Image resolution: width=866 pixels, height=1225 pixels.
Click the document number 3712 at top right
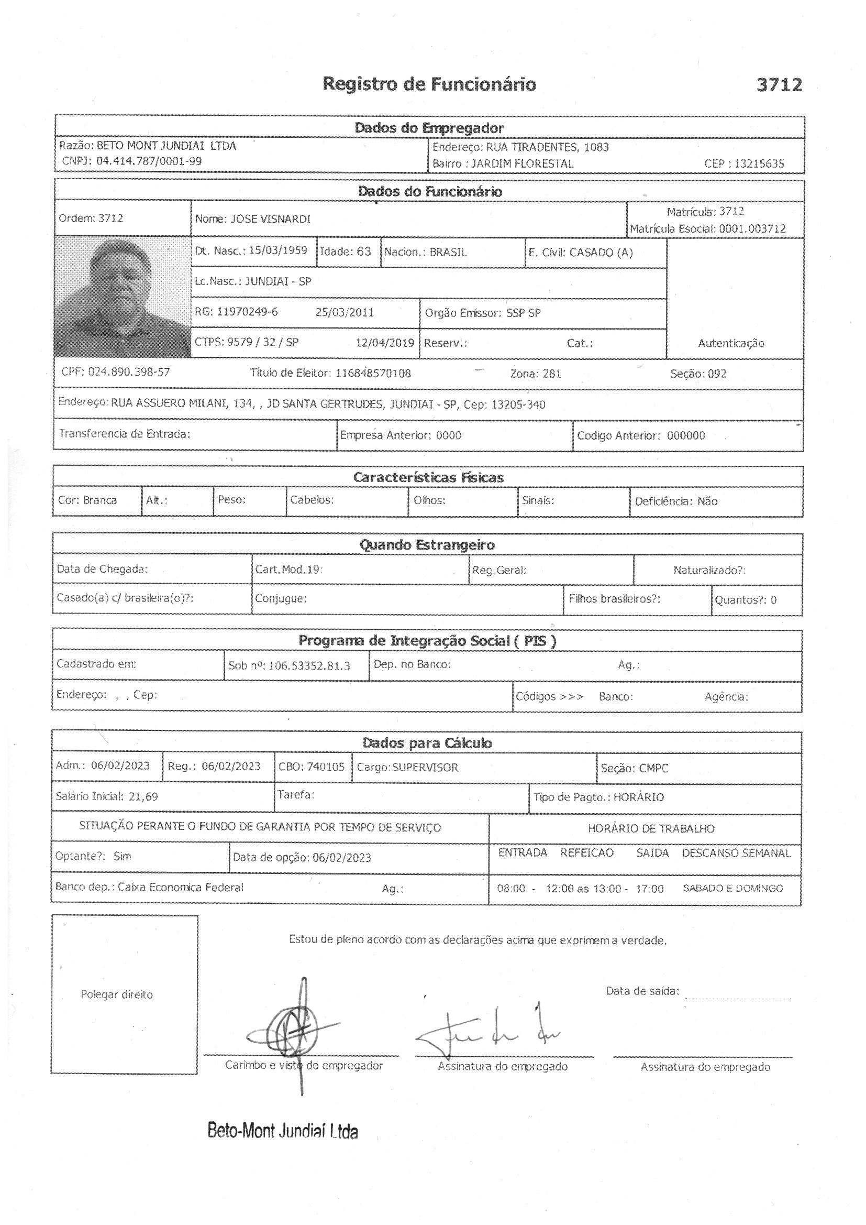[779, 85]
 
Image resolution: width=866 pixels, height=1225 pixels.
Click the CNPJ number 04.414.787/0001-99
[149, 161]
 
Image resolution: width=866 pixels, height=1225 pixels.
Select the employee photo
[122, 297]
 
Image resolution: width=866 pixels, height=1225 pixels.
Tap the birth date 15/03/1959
[278, 251]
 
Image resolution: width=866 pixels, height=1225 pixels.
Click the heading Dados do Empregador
[429, 128]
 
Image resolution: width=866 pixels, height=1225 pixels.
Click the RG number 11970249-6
[247, 312]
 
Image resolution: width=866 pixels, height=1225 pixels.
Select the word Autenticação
[730, 344]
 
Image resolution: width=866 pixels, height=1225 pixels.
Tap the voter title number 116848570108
[373, 374]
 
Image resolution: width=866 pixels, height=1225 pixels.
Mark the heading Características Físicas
[428, 477]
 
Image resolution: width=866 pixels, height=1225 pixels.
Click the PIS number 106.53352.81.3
[309, 666]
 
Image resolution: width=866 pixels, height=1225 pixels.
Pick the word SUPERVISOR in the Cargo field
[425, 767]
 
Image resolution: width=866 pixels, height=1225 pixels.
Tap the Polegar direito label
[117, 994]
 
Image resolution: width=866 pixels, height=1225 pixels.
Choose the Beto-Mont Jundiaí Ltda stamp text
[283, 1131]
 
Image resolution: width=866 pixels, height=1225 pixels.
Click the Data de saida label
[642, 991]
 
